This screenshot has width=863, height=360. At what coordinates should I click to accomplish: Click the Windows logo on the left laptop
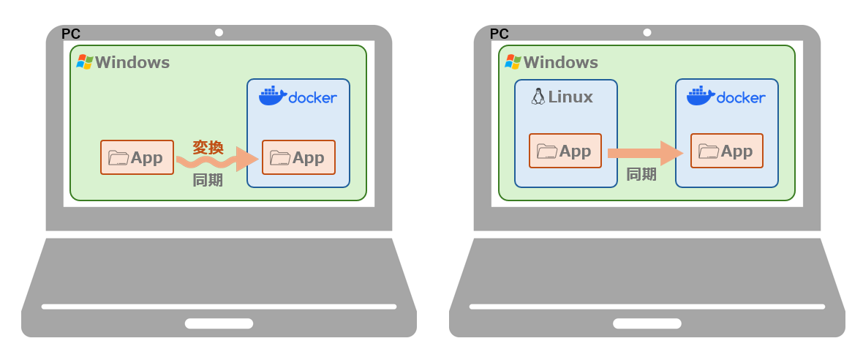[85, 62]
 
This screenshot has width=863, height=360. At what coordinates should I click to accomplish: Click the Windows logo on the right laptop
[513, 62]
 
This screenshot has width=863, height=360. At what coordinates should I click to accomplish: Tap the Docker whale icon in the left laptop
[271, 96]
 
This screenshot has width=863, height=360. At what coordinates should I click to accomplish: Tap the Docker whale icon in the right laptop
[700, 96]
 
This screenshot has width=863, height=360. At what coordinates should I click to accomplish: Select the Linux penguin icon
[538, 97]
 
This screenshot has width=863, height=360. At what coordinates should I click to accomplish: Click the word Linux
[570, 97]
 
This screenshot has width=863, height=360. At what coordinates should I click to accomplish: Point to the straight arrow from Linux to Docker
[644, 153]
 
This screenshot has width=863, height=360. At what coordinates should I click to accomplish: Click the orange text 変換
[208, 147]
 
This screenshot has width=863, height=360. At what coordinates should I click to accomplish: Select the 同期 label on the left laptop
[208, 180]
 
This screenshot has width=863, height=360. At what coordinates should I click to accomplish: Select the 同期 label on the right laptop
[641, 174]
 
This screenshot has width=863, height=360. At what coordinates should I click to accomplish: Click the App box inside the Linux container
[565, 151]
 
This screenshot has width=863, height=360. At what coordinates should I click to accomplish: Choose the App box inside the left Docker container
[298, 157]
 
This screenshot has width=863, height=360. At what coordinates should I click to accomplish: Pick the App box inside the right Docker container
[726, 151]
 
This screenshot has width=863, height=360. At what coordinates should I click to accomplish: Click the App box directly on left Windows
[137, 157]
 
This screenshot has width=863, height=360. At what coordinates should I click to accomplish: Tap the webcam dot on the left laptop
[219, 32]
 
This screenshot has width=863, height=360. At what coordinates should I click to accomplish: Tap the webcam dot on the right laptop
[647, 32]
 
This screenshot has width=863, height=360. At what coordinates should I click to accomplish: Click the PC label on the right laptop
[499, 34]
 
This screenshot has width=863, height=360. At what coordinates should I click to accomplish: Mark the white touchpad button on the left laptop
[219, 323]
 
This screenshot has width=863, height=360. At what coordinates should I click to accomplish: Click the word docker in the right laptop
[741, 97]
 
